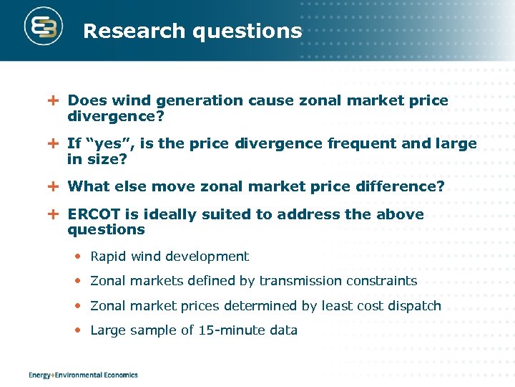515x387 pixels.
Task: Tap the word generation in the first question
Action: [206, 101]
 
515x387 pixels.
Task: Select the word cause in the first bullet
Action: [268, 101]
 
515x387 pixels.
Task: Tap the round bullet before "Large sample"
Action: [79, 330]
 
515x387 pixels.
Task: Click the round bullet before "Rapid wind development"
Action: [79, 257]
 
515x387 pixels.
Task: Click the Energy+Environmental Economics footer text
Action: [83, 375]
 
